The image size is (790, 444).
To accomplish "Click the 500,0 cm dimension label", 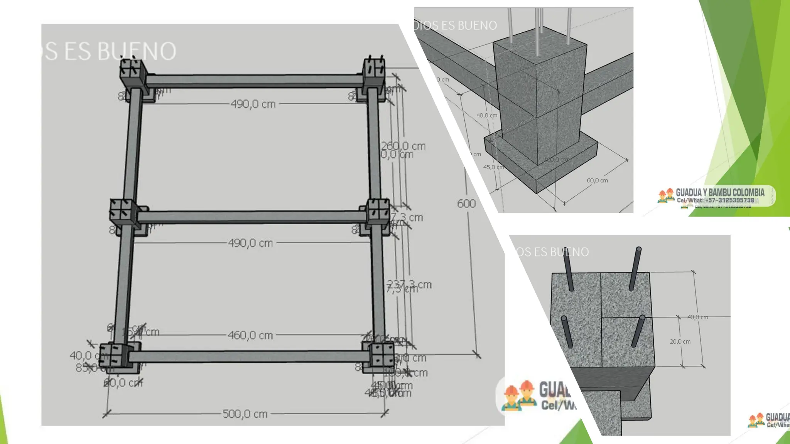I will [x=245, y=414].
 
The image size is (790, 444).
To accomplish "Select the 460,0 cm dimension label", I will [x=250, y=335].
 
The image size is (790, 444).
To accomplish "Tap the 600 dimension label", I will [x=466, y=203].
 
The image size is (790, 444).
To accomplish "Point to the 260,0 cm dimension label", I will [x=403, y=146].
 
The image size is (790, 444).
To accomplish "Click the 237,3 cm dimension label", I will [x=410, y=284].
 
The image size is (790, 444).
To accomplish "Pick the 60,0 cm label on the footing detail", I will [x=597, y=180].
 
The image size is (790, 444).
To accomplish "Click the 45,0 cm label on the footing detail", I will [x=494, y=167].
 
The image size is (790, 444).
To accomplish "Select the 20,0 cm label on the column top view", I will [x=680, y=341].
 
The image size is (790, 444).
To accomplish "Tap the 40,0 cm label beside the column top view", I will [x=698, y=317].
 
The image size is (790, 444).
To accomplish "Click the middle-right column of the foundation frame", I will [x=377, y=212].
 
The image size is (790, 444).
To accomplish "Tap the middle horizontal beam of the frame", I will [x=251, y=217].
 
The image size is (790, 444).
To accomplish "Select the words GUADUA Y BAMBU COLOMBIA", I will [x=720, y=192].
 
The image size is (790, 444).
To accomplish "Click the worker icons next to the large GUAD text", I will [x=519, y=395].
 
